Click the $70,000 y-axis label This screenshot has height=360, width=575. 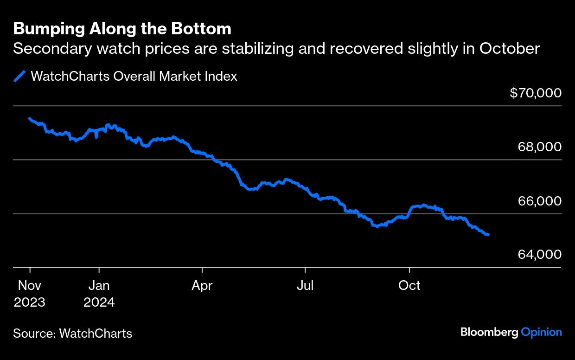(536, 93)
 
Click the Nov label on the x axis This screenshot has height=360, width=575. (30, 285)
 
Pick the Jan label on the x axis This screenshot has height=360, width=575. (99, 285)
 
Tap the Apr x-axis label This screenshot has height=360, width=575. (202, 285)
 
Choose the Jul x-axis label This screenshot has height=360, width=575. (305, 285)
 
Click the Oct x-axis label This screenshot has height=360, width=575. (409, 285)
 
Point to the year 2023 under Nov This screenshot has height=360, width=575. (30, 302)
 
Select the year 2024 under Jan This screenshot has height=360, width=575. (99, 302)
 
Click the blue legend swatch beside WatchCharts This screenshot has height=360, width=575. (19, 76)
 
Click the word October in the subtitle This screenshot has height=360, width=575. (510, 48)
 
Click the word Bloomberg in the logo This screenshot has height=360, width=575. (489, 332)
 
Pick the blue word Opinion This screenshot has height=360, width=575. (541, 332)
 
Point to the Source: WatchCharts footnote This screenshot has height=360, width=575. (72, 333)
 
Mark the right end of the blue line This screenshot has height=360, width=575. (488, 235)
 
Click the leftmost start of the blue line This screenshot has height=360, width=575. (29, 118)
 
